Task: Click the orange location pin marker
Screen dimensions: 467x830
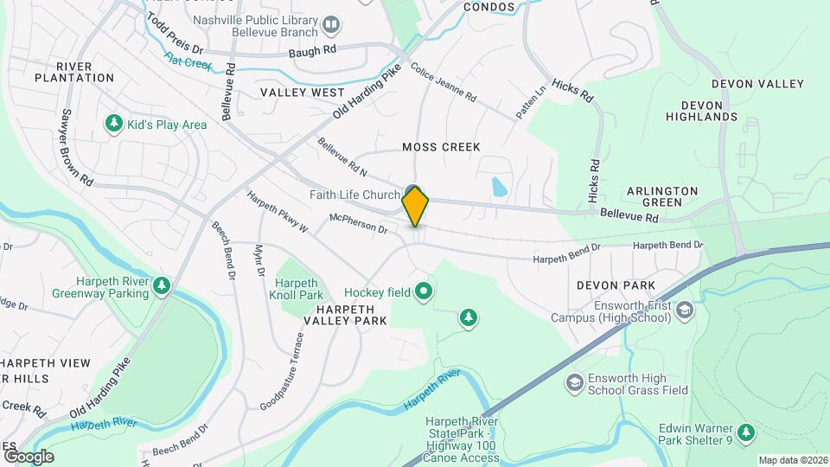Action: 415,206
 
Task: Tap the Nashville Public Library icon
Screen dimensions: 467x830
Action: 330,23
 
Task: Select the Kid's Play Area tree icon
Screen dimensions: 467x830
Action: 113,125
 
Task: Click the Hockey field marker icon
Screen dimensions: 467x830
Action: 423,292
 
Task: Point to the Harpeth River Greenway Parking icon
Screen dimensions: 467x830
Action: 160,285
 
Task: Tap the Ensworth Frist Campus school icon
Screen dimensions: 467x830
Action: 685,310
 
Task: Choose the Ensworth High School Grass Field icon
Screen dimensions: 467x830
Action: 574,382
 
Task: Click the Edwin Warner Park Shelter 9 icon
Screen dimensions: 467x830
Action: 745,432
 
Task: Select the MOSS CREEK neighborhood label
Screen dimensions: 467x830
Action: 441,147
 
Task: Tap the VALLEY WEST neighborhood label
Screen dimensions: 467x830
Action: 302,92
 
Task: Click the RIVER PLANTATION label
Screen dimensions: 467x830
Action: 74,72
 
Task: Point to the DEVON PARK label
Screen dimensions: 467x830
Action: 616,285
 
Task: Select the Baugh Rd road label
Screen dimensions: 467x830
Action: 317,51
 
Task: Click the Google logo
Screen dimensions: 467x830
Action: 29,456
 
